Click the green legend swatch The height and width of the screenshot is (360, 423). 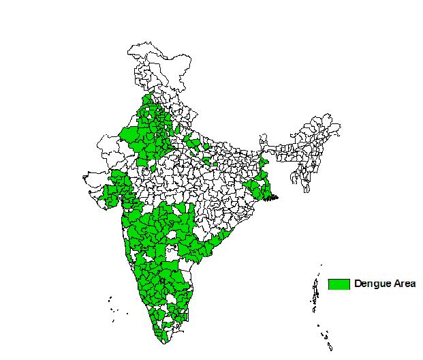(x=339, y=284)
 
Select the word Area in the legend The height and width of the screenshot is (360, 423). (x=402, y=284)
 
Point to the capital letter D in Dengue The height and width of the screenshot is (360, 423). (x=358, y=284)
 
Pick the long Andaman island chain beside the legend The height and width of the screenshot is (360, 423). (x=315, y=293)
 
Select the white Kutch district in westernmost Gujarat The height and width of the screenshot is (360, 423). (x=95, y=179)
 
